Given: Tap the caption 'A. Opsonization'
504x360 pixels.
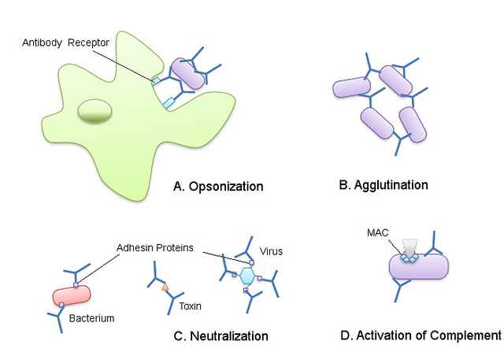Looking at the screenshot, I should click(x=218, y=187).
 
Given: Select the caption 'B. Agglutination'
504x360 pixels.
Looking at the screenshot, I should click(x=383, y=185).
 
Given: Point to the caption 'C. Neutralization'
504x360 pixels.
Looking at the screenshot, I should click(x=220, y=336).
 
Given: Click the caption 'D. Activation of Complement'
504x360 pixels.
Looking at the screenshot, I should click(x=421, y=335).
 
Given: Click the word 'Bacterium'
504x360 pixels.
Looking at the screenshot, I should click(x=90, y=318).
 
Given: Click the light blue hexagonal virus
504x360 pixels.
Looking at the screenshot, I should click(x=249, y=276).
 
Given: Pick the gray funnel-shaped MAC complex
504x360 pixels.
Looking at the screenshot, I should click(x=409, y=247).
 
